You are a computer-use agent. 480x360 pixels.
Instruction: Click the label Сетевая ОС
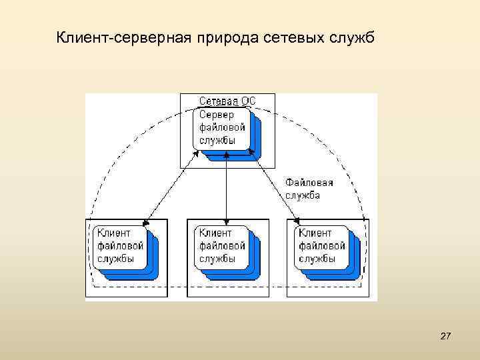tap(227, 101)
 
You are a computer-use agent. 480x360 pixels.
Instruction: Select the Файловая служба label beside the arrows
tap(309, 189)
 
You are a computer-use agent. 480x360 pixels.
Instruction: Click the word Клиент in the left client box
tap(114, 233)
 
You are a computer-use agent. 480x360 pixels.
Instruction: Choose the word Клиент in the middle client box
tap(215, 233)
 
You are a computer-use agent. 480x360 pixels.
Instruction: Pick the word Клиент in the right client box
tap(315, 233)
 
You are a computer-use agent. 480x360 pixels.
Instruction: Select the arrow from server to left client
tap(172, 186)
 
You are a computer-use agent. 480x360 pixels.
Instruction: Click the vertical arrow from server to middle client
tap(227, 186)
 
